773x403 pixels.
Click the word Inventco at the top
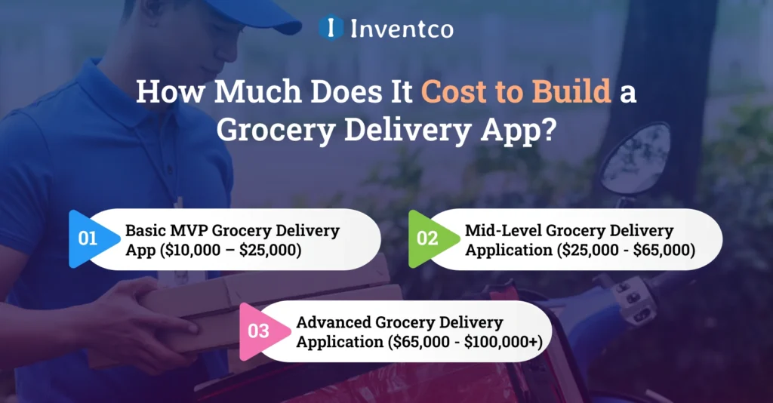click(x=402, y=29)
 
